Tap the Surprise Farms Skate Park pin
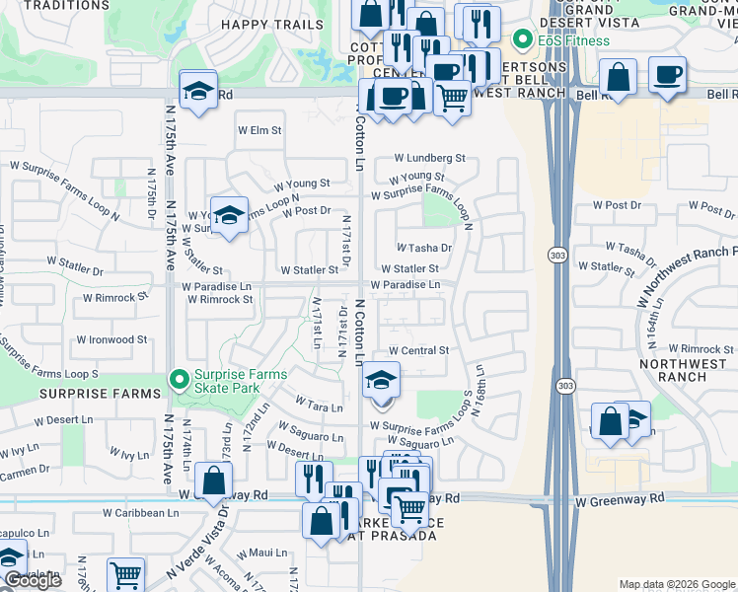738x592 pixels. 179,379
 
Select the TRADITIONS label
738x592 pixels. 68,5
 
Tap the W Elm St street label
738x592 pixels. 259,130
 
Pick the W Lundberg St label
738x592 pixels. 429,158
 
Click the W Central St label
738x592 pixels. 418,350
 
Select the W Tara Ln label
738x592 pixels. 319,405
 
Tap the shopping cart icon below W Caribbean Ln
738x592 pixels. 125,576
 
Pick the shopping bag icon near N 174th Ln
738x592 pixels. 214,482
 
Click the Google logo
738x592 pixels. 32,580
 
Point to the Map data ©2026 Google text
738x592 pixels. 677,584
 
